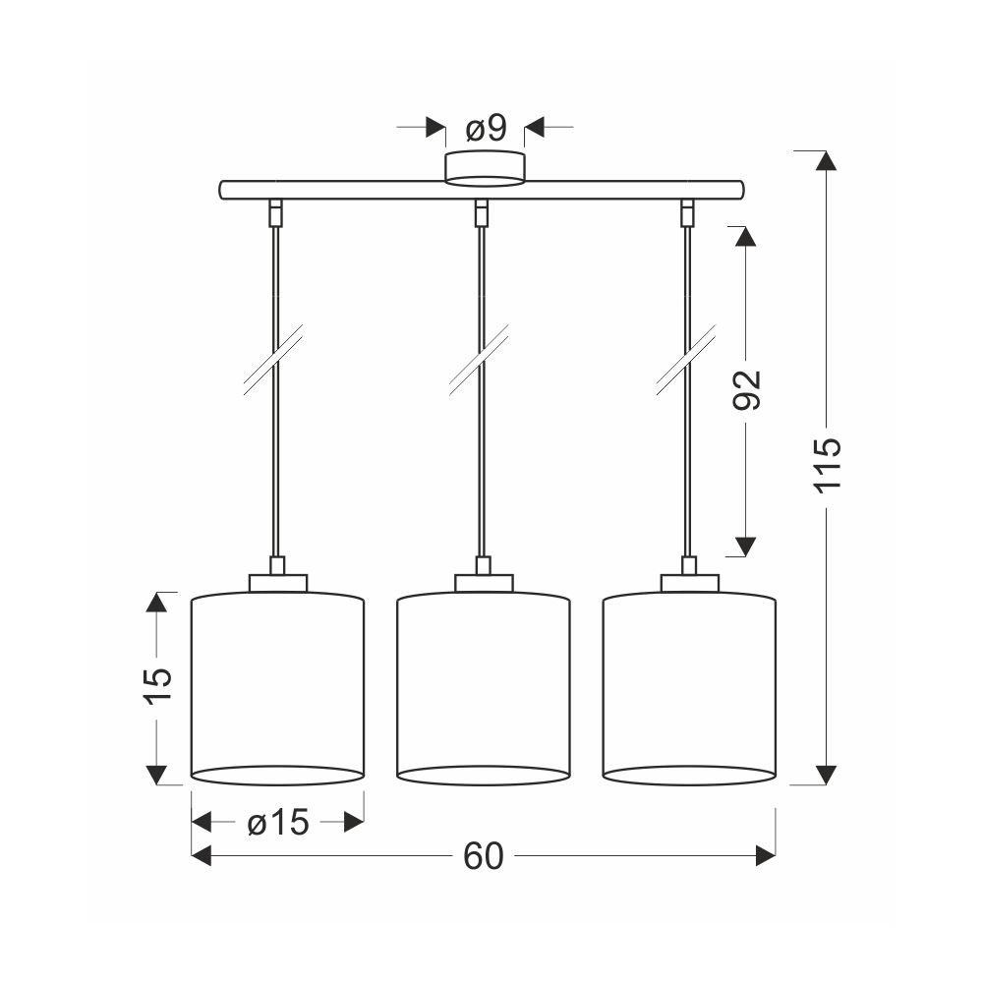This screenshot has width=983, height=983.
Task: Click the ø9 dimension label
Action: coord(486,129)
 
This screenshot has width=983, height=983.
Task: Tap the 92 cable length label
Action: coord(746,390)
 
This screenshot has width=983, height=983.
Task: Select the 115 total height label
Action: coord(827,465)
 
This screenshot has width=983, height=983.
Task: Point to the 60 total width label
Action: coord(484,856)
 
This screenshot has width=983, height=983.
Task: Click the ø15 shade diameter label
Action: coord(278,822)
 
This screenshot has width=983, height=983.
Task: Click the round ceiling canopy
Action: coord(485,169)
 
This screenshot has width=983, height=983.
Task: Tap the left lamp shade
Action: coord(277,688)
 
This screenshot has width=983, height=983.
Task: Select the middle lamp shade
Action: coord(484,688)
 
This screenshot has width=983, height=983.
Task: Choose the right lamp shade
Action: coord(690,688)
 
